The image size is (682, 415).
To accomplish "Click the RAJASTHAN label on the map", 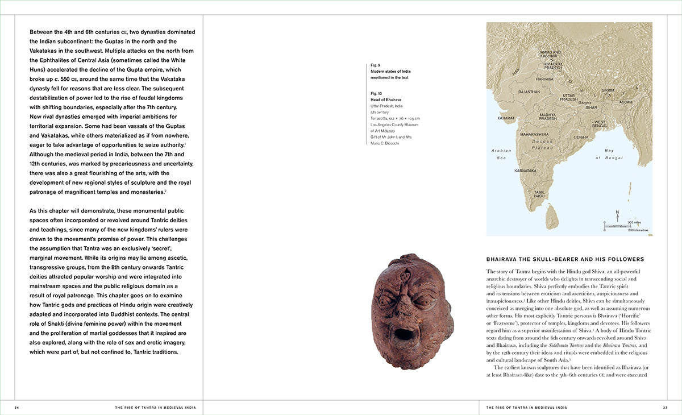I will coord(529,92).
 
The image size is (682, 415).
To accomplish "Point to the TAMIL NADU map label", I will coord(539,194).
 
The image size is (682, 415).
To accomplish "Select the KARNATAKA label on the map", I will coord(525,171).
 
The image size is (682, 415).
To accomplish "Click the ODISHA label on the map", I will coord(581,137).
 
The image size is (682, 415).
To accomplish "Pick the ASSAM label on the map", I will coord(626,102).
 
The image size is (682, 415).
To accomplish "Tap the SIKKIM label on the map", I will coord(608,90).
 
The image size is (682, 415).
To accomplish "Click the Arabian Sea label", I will coord(501,153).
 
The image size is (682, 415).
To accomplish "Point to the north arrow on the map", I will coord(617,215).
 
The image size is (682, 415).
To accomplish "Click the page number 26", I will coord(17,407).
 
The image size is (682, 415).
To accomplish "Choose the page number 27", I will coord(664,407).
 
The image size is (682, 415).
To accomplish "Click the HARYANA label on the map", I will coord(544,79).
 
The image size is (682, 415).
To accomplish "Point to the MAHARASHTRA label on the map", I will coord(534,135).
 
